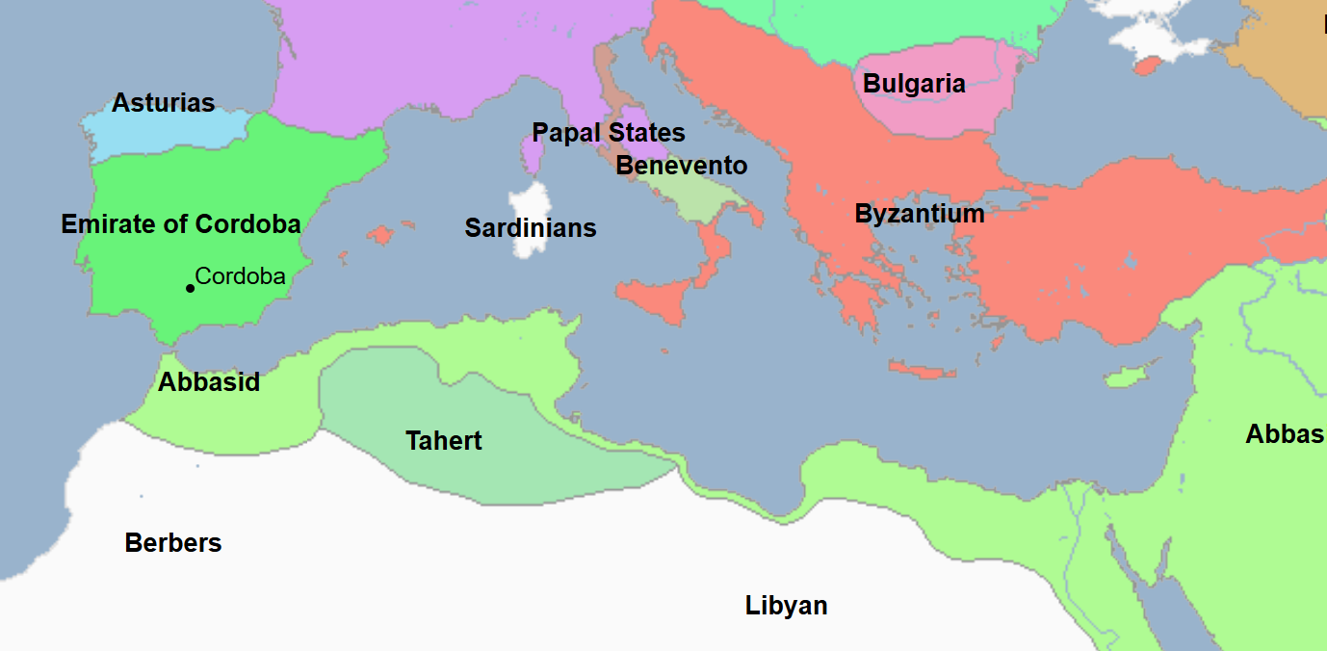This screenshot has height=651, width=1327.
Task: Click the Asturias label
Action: [163, 103]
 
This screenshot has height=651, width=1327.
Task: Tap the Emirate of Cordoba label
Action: [181, 224]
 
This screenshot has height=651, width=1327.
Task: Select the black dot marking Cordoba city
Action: [190, 288]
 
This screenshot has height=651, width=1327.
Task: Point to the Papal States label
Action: [609, 133]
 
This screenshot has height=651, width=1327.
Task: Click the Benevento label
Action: [682, 166]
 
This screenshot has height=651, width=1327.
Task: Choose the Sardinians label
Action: [531, 228]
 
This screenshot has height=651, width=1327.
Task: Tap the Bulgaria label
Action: [914, 84]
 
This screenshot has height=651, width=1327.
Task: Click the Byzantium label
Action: [920, 214]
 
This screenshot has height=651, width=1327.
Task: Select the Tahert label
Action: [444, 441]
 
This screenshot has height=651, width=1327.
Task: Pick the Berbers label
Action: [173, 543]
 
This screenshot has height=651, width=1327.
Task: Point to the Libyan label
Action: [787, 606]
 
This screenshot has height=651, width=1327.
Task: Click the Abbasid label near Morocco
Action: [209, 382]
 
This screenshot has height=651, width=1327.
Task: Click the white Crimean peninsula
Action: [1156, 34]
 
